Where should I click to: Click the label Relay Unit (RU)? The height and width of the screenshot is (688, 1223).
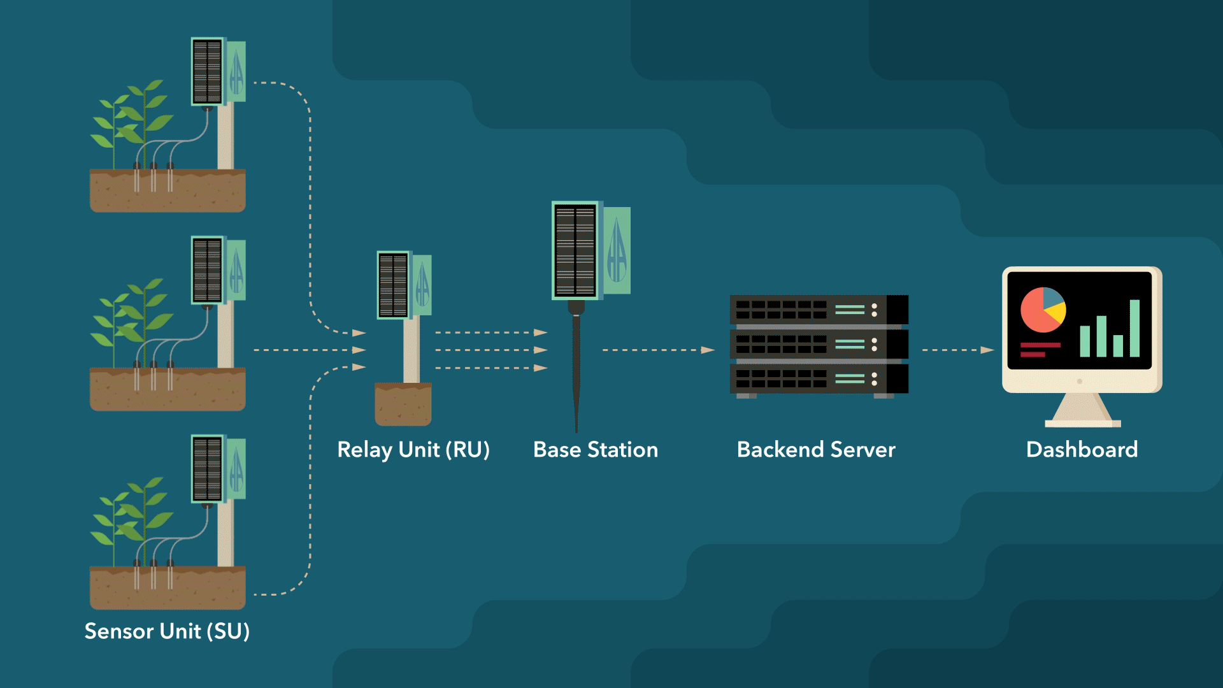coord(413,450)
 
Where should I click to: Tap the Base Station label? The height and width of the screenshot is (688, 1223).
coord(595,450)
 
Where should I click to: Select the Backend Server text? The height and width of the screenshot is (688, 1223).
coord(815,450)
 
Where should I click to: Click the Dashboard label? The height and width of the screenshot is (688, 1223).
coord(1082,450)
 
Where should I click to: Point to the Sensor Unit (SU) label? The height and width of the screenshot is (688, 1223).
coord(167,631)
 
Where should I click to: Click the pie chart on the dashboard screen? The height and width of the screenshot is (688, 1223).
coord(1042,310)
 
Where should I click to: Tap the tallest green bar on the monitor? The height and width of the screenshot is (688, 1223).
coord(1134,327)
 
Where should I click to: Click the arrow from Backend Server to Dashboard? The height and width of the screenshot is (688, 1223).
coord(957,350)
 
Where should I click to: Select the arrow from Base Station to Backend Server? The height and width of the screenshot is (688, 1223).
coord(658,350)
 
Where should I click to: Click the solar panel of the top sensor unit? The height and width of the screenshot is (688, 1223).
coord(207,71)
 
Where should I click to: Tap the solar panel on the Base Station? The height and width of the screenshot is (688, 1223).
coord(575,250)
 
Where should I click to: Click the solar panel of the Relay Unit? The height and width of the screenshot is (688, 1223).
coord(393,285)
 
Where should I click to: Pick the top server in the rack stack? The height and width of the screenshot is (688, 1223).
coord(819,310)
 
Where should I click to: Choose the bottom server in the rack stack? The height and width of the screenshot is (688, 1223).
coord(819,379)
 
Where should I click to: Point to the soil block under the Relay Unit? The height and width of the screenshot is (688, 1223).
coord(403,405)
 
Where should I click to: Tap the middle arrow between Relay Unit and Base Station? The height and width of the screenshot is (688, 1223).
coord(490,350)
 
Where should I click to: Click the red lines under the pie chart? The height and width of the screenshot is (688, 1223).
coord(1038,349)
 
